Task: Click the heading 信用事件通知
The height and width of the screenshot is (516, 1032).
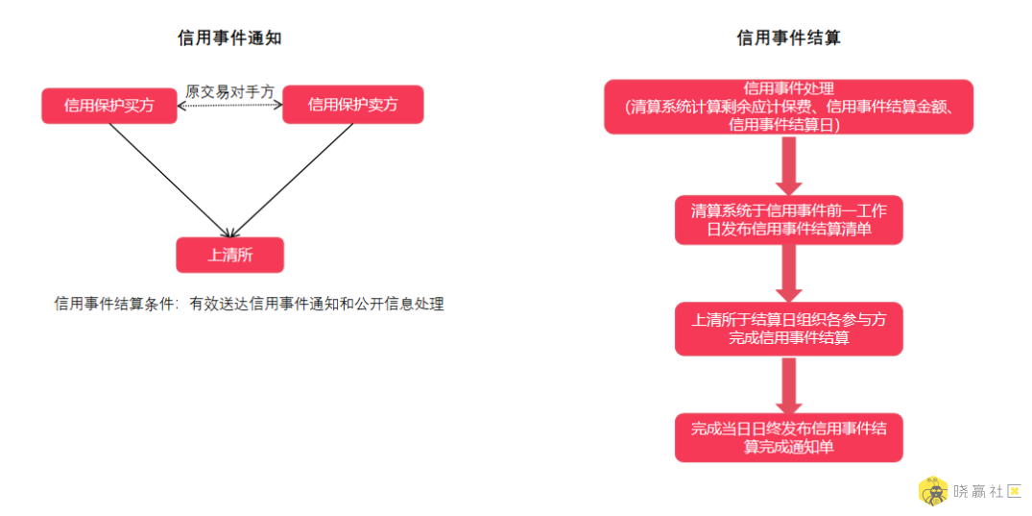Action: coord(229,38)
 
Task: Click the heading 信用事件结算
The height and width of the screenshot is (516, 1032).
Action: coord(788,38)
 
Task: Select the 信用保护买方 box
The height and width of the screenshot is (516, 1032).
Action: coord(109,106)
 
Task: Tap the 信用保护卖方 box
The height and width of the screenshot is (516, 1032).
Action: coord(352,104)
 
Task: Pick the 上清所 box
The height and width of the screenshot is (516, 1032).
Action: coord(229,255)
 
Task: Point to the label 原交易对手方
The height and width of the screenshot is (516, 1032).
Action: coord(229,91)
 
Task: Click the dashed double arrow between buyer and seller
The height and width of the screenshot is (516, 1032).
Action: coord(229,104)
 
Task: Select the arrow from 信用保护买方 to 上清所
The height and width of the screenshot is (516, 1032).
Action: coord(169,180)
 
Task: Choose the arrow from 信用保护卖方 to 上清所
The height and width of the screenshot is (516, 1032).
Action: coord(294,180)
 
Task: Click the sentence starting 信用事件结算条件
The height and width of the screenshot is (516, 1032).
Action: coord(250,304)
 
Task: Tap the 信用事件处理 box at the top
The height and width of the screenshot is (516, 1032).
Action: coord(788,107)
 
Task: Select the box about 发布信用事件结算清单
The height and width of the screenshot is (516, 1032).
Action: coord(788,220)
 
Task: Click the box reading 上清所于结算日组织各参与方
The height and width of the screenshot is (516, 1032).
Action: coord(788,330)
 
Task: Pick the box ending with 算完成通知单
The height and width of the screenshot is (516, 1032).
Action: coord(788,437)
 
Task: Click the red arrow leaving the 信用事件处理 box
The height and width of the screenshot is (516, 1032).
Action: coord(788,164)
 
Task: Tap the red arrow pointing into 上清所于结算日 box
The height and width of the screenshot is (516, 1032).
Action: coord(788,274)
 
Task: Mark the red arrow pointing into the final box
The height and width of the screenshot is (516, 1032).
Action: coord(788,384)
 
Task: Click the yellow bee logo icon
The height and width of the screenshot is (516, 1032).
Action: coord(933,493)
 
